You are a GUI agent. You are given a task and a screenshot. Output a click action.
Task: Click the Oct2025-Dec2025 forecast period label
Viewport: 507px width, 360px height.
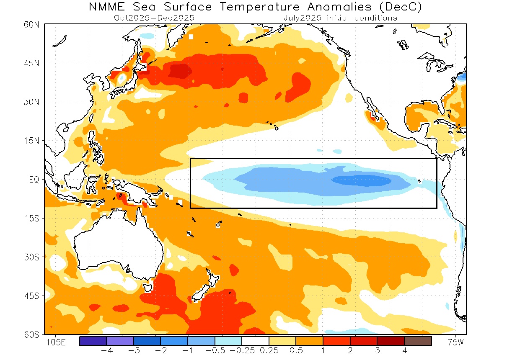[154, 18]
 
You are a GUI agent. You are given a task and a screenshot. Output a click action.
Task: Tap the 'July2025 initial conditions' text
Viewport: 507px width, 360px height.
[340, 18]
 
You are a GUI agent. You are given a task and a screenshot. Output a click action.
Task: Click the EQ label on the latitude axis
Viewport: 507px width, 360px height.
[34, 180]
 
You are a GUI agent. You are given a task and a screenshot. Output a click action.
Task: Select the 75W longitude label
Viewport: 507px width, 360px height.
[455, 342]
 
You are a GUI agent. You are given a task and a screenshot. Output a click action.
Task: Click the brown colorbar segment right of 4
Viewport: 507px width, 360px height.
[418, 341]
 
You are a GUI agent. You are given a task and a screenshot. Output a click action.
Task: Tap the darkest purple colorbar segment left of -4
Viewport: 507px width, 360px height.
[93, 341]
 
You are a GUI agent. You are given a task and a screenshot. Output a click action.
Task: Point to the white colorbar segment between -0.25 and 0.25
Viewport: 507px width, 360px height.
[256, 341]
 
